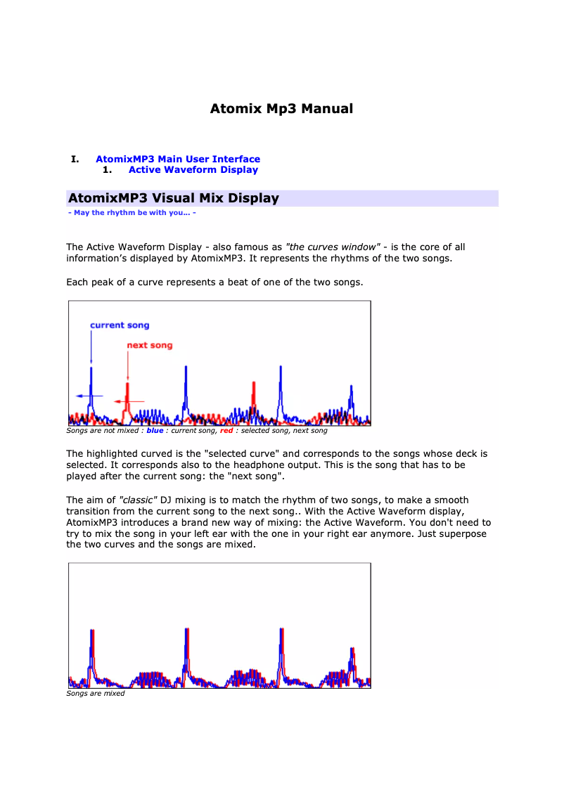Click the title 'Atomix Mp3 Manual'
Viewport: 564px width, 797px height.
[x=281, y=109]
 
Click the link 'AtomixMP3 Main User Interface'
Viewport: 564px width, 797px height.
[x=178, y=160]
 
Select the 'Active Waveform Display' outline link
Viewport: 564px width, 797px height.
[x=193, y=170]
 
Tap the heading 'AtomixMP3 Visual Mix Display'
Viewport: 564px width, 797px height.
[x=174, y=198]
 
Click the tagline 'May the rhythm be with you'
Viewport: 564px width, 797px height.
[x=132, y=212]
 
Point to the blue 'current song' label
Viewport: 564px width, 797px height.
[x=120, y=325]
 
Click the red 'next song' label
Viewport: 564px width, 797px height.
[x=149, y=345]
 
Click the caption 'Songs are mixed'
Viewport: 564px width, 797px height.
[x=95, y=694]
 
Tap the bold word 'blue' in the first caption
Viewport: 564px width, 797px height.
[x=155, y=431]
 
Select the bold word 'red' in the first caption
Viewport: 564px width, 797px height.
[x=226, y=431]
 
